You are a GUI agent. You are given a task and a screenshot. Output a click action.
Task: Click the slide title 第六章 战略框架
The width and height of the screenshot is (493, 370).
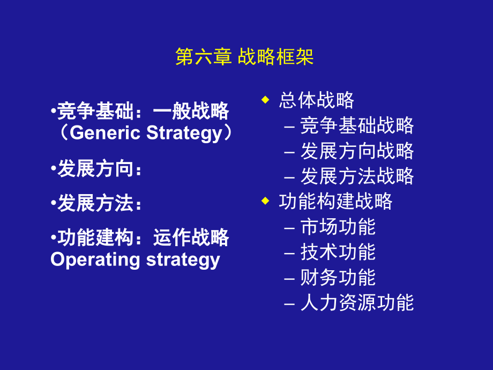tap(245, 57)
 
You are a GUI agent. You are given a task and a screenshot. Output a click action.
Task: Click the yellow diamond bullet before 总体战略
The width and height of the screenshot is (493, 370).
tap(264, 99)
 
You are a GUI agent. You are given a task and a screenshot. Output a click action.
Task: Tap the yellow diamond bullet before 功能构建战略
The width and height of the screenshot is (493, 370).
tap(264, 201)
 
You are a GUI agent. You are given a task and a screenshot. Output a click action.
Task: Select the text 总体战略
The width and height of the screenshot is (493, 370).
tap(316, 100)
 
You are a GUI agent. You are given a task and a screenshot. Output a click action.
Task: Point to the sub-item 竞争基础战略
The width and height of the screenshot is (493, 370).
tap(357, 125)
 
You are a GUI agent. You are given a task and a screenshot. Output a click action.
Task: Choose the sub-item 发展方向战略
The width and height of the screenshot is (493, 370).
tap(357, 151)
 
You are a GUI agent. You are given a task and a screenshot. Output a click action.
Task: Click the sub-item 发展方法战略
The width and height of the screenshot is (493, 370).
tap(357, 176)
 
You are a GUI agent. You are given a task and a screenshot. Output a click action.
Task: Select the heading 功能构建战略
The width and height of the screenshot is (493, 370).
tap(335, 202)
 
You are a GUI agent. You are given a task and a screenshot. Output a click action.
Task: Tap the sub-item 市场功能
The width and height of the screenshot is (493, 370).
tap(338, 227)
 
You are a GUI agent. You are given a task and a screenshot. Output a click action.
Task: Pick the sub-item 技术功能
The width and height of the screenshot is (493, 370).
tap(338, 252)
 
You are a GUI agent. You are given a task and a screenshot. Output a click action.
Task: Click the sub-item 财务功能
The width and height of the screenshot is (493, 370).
tap(338, 277)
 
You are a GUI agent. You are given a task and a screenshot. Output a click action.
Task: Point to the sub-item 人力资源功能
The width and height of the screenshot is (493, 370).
tap(357, 302)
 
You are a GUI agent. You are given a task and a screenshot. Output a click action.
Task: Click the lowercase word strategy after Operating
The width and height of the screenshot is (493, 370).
tap(183, 260)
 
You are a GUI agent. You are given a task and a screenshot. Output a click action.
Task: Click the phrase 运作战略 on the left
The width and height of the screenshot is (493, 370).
tap(191, 238)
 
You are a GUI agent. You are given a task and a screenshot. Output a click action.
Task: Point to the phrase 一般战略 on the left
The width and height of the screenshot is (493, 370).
tap(191, 112)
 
